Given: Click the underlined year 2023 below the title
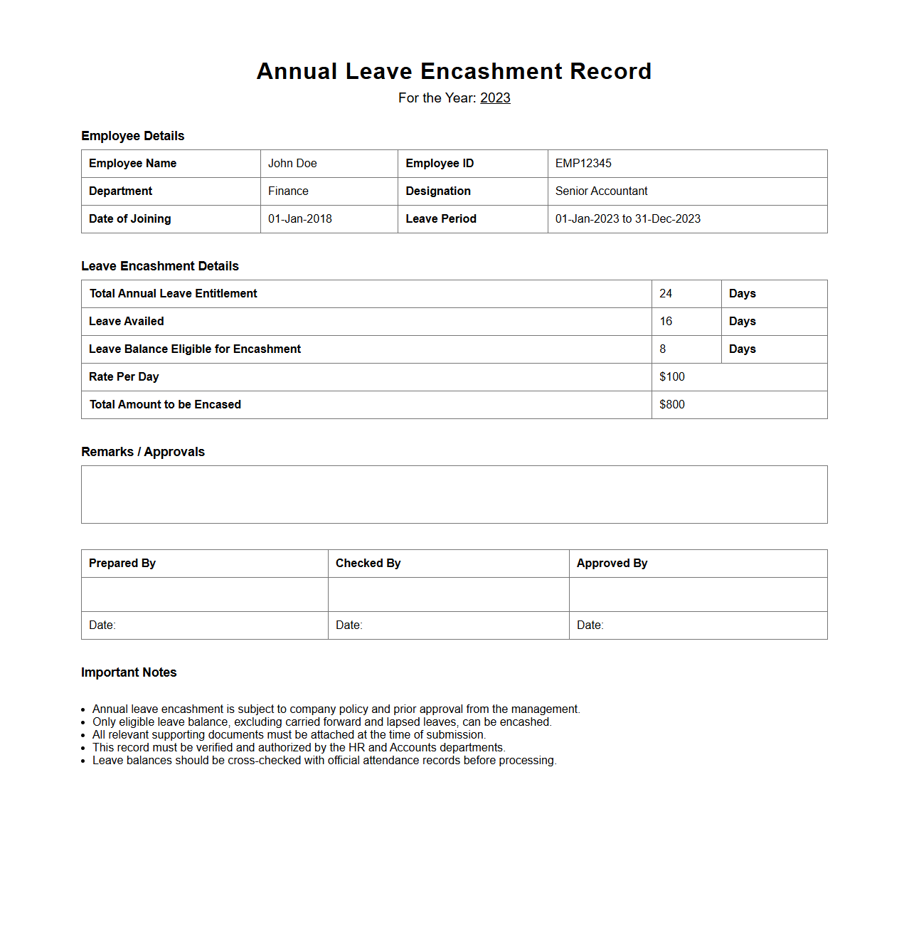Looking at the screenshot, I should point(495,98).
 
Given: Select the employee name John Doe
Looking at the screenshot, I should point(292,164).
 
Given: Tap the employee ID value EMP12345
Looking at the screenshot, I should point(583,164).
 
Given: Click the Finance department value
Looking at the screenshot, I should point(288,191).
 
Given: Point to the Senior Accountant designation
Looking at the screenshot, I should point(601,191).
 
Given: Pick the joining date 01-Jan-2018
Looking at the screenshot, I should point(300,219).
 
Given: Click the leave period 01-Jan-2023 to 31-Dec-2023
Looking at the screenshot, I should point(627,219).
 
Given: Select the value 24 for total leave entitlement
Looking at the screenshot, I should point(666,294).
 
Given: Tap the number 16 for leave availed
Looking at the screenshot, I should point(666,322).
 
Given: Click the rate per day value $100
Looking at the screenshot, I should point(672,377).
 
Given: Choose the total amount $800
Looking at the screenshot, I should point(672,405).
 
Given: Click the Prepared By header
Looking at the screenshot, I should point(122,564).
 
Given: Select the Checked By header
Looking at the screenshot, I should point(368,564).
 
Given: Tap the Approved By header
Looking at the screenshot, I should point(612,564).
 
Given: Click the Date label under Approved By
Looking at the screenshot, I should point(590,625).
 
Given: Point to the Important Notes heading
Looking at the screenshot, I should point(129,672).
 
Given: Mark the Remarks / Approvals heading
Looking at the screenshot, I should point(143,452).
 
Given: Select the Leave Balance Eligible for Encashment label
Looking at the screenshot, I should point(195,349).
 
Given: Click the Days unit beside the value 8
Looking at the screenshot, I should point(742,349).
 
